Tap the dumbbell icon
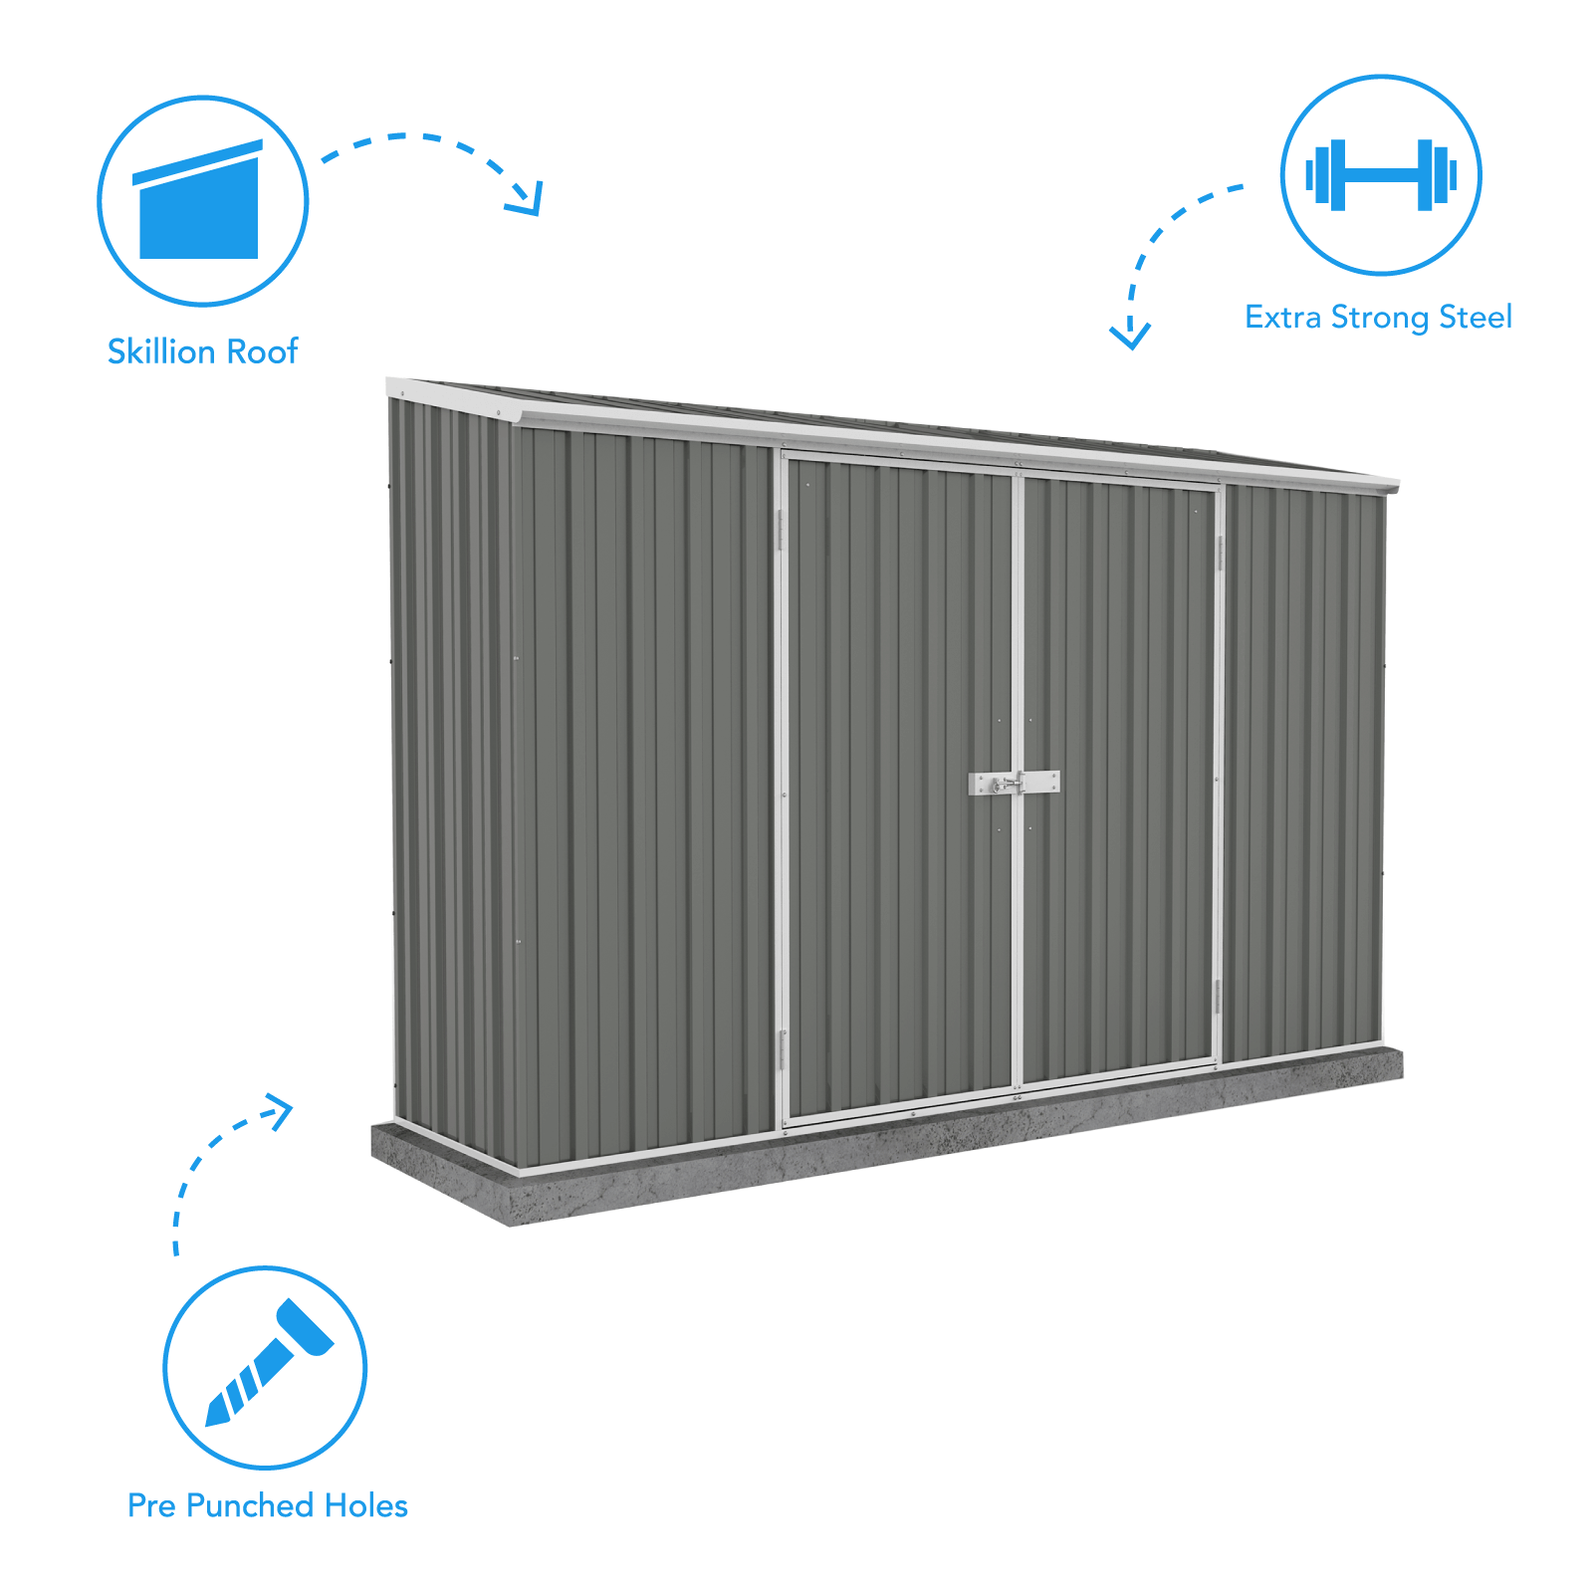tap(1381, 175)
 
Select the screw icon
tap(269, 1363)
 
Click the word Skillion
tap(162, 351)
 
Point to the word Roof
tap(263, 351)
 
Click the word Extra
tap(1283, 317)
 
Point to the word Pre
tap(151, 1505)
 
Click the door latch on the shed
tap(1014, 784)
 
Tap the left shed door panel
tap(898, 787)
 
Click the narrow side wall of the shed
tap(453, 782)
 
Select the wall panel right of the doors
tap(1301, 772)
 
